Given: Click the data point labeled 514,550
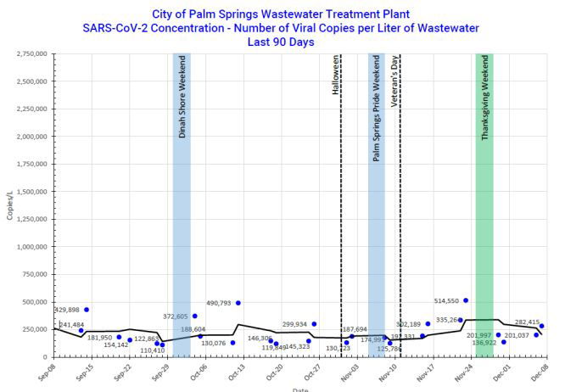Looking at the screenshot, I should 466,300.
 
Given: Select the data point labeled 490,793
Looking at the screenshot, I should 238,303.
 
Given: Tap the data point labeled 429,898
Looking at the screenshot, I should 87,310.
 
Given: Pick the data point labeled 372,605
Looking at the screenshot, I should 194,316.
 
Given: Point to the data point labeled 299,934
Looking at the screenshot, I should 314,324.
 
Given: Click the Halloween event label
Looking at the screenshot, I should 336,76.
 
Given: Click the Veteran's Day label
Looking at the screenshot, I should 395,81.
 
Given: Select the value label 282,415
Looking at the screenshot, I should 527,322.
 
